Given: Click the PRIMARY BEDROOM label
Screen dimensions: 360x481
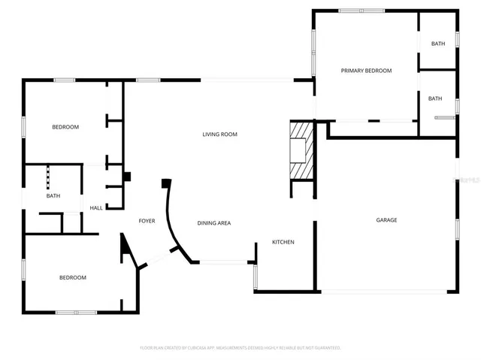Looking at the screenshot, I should click(x=366, y=71).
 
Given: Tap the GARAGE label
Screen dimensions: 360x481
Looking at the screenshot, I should click(x=386, y=220).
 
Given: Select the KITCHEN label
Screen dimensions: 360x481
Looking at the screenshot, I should click(x=283, y=242).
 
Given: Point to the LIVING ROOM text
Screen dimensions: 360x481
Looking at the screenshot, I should click(x=219, y=135).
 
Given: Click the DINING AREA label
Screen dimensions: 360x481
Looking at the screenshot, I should click(x=213, y=223).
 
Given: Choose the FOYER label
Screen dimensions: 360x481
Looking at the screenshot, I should click(x=147, y=221).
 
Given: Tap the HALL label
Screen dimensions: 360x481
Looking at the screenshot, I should click(x=96, y=208).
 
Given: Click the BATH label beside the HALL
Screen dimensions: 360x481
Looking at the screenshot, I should click(x=53, y=196).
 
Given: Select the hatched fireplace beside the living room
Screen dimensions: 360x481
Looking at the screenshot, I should click(x=301, y=151).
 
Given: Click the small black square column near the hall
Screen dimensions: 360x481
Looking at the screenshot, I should click(x=126, y=177).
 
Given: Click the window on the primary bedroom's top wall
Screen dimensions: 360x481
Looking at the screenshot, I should click(x=362, y=11).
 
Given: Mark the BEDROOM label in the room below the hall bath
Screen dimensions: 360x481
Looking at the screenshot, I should click(x=73, y=277).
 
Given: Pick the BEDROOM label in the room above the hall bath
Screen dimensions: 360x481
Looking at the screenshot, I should click(x=65, y=127).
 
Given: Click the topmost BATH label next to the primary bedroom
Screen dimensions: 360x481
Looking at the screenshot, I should click(x=437, y=44).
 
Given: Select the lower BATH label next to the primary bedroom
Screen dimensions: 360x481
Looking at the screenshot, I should click(x=434, y=98).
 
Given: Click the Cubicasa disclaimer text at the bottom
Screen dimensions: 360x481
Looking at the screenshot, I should click(x=240, y=348).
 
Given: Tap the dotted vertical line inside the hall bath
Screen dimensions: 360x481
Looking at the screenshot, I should click(x=49, y=178).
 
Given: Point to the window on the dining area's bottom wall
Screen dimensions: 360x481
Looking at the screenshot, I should click(x=225, y=262).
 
